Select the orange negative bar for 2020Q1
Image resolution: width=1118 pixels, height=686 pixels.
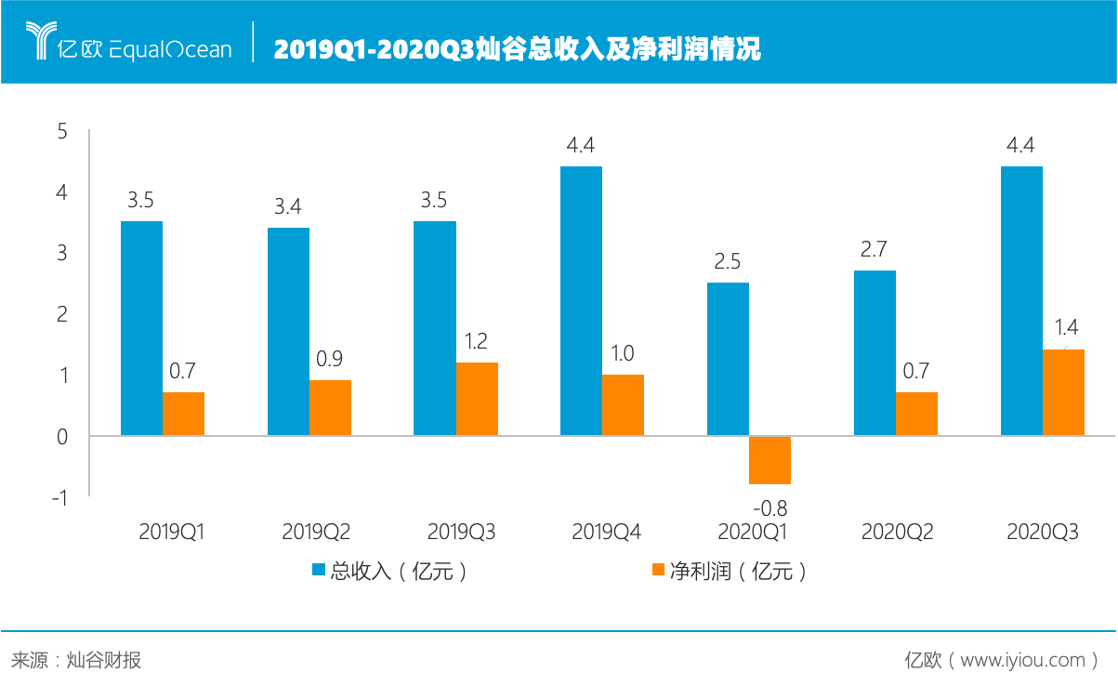coord(769,460)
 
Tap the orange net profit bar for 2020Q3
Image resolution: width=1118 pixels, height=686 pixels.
coord(1063,392)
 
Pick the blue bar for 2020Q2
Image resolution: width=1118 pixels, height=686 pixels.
coord(875,352)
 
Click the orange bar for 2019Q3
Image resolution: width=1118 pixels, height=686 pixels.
coord(477,398)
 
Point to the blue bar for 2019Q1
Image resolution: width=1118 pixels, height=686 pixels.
coord(141,328)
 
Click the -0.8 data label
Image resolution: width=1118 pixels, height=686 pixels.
coord(769,508)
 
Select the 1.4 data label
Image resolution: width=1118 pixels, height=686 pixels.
coord(1065,326)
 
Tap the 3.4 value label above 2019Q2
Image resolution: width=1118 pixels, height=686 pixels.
coord(288,206)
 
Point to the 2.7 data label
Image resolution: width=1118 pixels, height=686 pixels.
coord(875,249)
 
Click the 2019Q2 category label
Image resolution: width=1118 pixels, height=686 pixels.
coord(316,532)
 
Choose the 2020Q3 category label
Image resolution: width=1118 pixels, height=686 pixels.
coord(1043,532)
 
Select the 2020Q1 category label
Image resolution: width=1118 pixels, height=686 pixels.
coord(753,532)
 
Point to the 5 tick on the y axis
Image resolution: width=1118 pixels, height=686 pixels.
coord(62,132)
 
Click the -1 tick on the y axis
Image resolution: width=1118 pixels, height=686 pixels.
coord(59,498)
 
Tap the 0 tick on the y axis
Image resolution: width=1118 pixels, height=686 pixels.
coord(62,437)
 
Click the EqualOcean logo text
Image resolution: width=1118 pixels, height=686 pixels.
coord(170,49)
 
